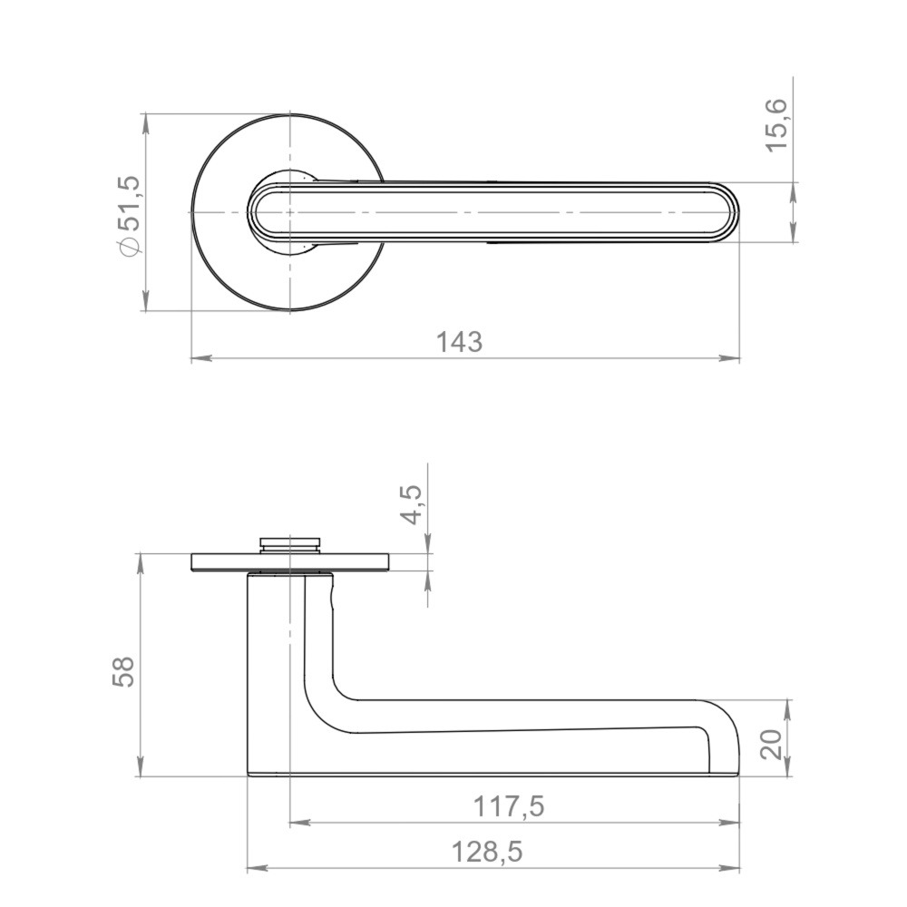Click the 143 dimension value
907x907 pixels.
459,342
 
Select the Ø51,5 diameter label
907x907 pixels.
129,215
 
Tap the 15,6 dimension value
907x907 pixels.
776,125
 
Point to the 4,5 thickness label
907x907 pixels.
413,505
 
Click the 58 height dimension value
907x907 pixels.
123,671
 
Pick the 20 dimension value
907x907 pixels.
772,745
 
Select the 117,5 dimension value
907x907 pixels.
509,806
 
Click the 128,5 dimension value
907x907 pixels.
486,852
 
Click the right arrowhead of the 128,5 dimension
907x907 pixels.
730,868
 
